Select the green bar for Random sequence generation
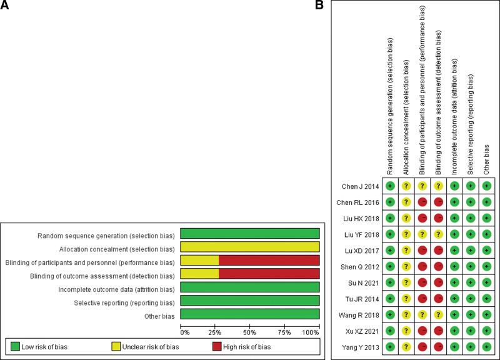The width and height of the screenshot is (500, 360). pyautogui.click(x=250, y=233)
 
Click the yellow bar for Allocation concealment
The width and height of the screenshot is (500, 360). pyautogui.click(x=250, y=247)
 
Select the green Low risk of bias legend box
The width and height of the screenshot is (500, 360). pyautogui.click(x=17, y=345)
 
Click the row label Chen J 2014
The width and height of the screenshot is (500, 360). pyautogui.click(x=361, y=186)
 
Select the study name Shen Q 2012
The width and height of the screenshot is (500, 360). pyautogui.click(x=359, y=266)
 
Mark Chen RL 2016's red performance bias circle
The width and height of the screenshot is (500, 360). pyautogui.click(x=422, y=202)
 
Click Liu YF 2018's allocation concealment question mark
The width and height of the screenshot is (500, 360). pyautogui.click(x=406, y=234)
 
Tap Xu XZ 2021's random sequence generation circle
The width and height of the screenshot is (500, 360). pyautogui.click(x=390, y=329)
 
